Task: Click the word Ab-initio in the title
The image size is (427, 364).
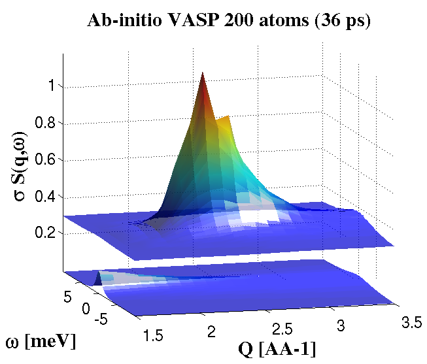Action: pyautogui.click(x=126, y=21)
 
